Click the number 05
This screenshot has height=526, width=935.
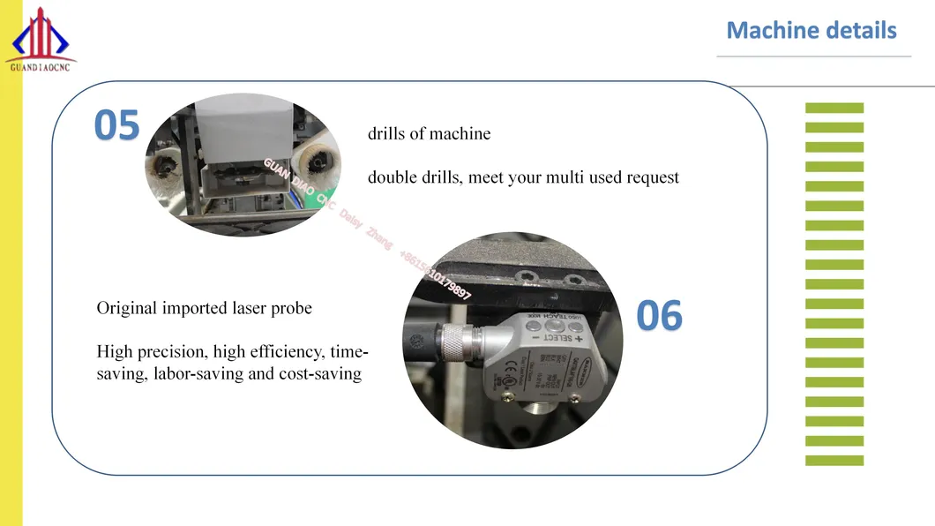point(117,126)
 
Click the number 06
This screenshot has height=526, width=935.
point(660,316)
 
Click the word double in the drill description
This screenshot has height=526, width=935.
point(389,177)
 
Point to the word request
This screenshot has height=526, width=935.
point(653,177)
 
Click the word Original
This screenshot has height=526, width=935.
point(127,309)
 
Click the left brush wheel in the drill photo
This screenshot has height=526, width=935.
point(168,166)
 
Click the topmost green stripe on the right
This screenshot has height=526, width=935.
point(834,108)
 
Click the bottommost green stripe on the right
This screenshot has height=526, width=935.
point(834,460)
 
